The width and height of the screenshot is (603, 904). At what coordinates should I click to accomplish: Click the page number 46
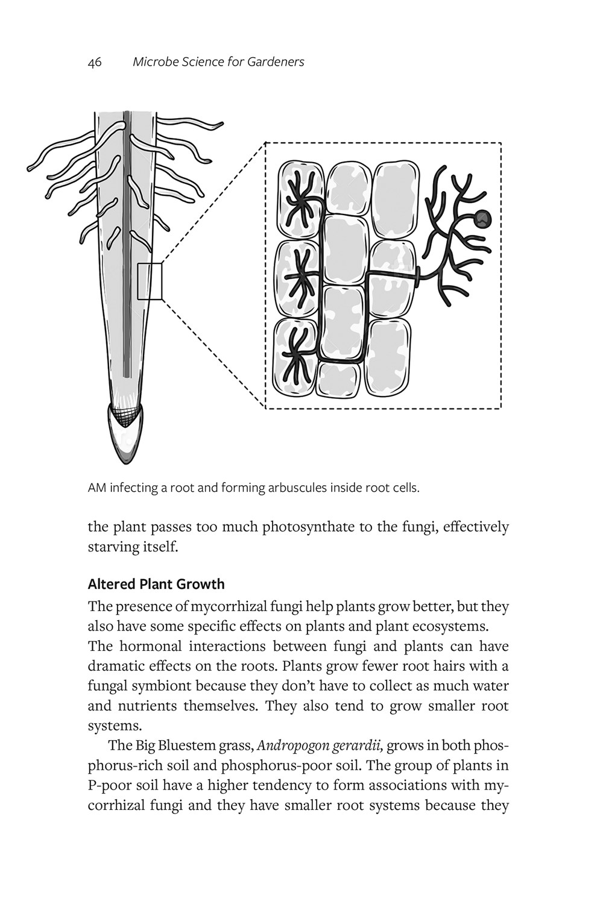pyautogui.click(x=94, y=62)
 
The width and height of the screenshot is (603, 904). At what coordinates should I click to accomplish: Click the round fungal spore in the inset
pyautogui.click(x=482, y=219)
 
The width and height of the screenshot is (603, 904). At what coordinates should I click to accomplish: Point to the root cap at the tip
pyautogui.click(x=127, y=434)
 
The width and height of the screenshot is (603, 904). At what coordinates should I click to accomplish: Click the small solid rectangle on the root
pyautogui.click(x=150, y=281)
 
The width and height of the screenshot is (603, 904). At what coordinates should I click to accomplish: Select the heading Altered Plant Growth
pyautogui.click(x=156, y=584)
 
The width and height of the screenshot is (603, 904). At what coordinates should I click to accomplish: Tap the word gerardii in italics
pyautogui.click(x=359, y=746)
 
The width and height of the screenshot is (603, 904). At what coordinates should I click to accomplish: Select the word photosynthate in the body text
pyautogui.click(x=289, y=527)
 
